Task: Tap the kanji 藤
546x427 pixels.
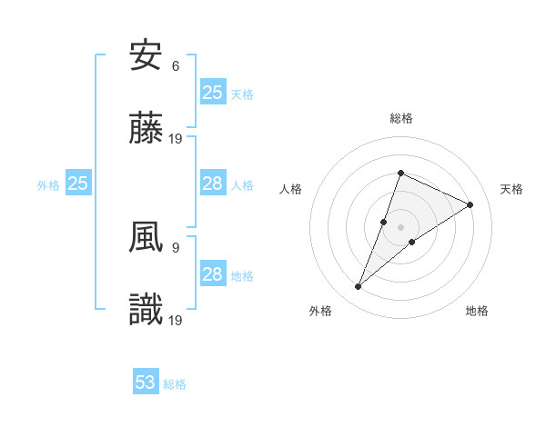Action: tap(147, 129)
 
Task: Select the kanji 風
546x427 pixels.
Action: tap(147, 238)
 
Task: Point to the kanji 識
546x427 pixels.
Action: tap(147, 311)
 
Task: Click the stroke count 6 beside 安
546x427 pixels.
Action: tap(176, 66)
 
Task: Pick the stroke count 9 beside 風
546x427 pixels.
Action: tap(176, 247)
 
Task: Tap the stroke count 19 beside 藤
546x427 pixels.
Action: tap(177, 139)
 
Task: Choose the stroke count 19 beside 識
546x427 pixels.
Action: tap(177, 320)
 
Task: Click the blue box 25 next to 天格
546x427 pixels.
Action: tap(213, 93)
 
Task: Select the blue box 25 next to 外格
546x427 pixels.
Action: tap(78, 184)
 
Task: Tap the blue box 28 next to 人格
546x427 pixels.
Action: tap(213, 184)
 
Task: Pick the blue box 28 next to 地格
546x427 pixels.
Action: tap(213, 274)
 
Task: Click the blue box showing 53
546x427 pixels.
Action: tap(146, 382)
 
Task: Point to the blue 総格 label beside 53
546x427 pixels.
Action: tap(175, 384)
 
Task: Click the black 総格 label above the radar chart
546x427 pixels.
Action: tap(400, 118)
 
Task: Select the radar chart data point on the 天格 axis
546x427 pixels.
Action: tap(470, 205)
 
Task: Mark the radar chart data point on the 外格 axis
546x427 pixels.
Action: tap(359, 287)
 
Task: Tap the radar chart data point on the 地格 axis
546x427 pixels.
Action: tap(412, 241)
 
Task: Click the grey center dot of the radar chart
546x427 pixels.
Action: tap(400, 226)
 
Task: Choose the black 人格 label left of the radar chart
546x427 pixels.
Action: tap(291, 189)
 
